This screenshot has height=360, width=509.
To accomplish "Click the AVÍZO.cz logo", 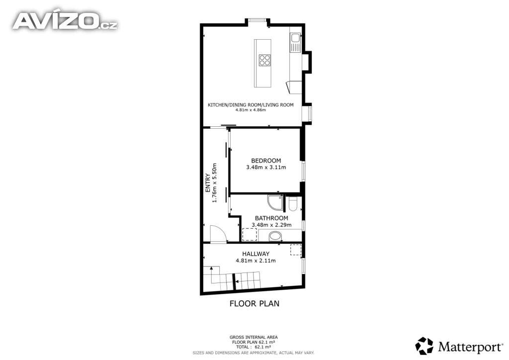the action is coord(65,21).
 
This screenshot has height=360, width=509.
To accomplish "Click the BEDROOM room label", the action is coord(266,161).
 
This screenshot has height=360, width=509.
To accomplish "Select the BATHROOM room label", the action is coord(271,218).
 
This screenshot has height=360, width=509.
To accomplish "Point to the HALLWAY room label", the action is coord(256,254).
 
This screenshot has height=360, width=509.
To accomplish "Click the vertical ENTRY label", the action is coord(208,183).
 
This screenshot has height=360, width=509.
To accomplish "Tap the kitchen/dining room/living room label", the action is coord(251,105).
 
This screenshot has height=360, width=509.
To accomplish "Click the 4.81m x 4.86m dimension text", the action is coord(251,110).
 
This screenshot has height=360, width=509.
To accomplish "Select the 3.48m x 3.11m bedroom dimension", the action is coord(266,168).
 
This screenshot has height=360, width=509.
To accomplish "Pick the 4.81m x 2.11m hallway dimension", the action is coord(256,261).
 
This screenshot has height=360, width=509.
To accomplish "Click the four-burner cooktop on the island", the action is coord(264,60).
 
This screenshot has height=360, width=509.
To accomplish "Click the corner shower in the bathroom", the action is coord(275,202).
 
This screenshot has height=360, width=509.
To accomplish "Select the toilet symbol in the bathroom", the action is coord(293,203).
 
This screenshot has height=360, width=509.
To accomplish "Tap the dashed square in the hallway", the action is coord(296,250).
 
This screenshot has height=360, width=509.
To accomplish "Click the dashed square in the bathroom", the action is coord(250,234).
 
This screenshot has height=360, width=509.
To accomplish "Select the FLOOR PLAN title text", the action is coord(254,303).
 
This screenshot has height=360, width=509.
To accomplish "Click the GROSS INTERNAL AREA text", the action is coord(254,337).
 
